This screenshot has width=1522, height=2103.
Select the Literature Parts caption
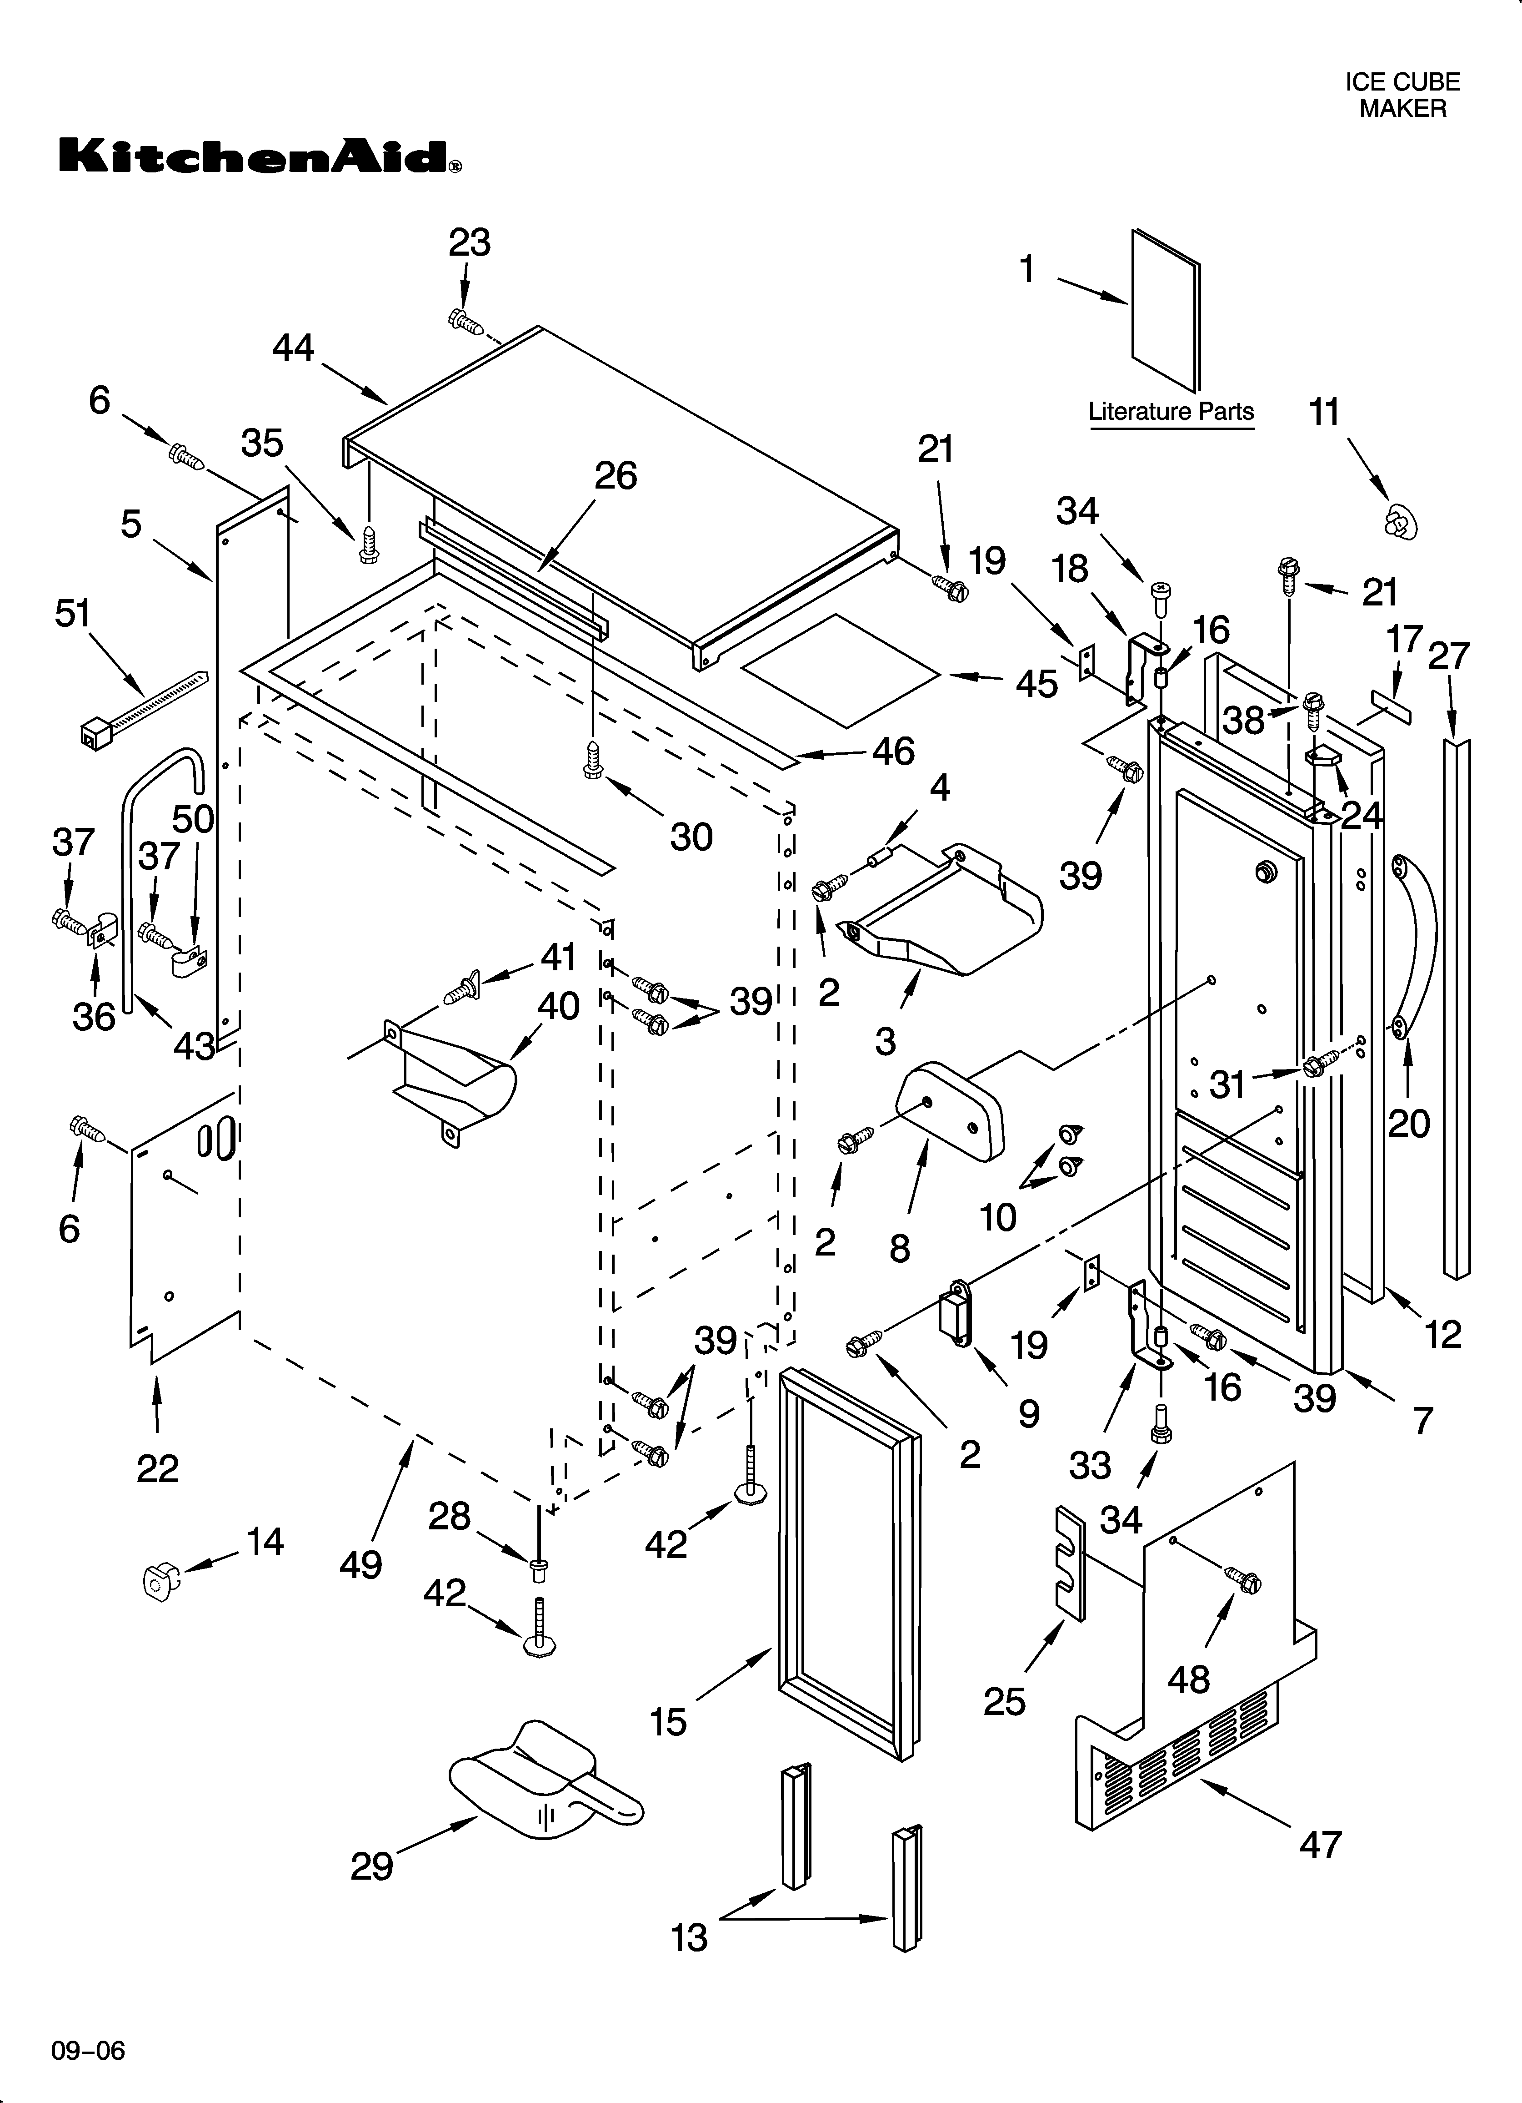click(x=1171, y=412)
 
